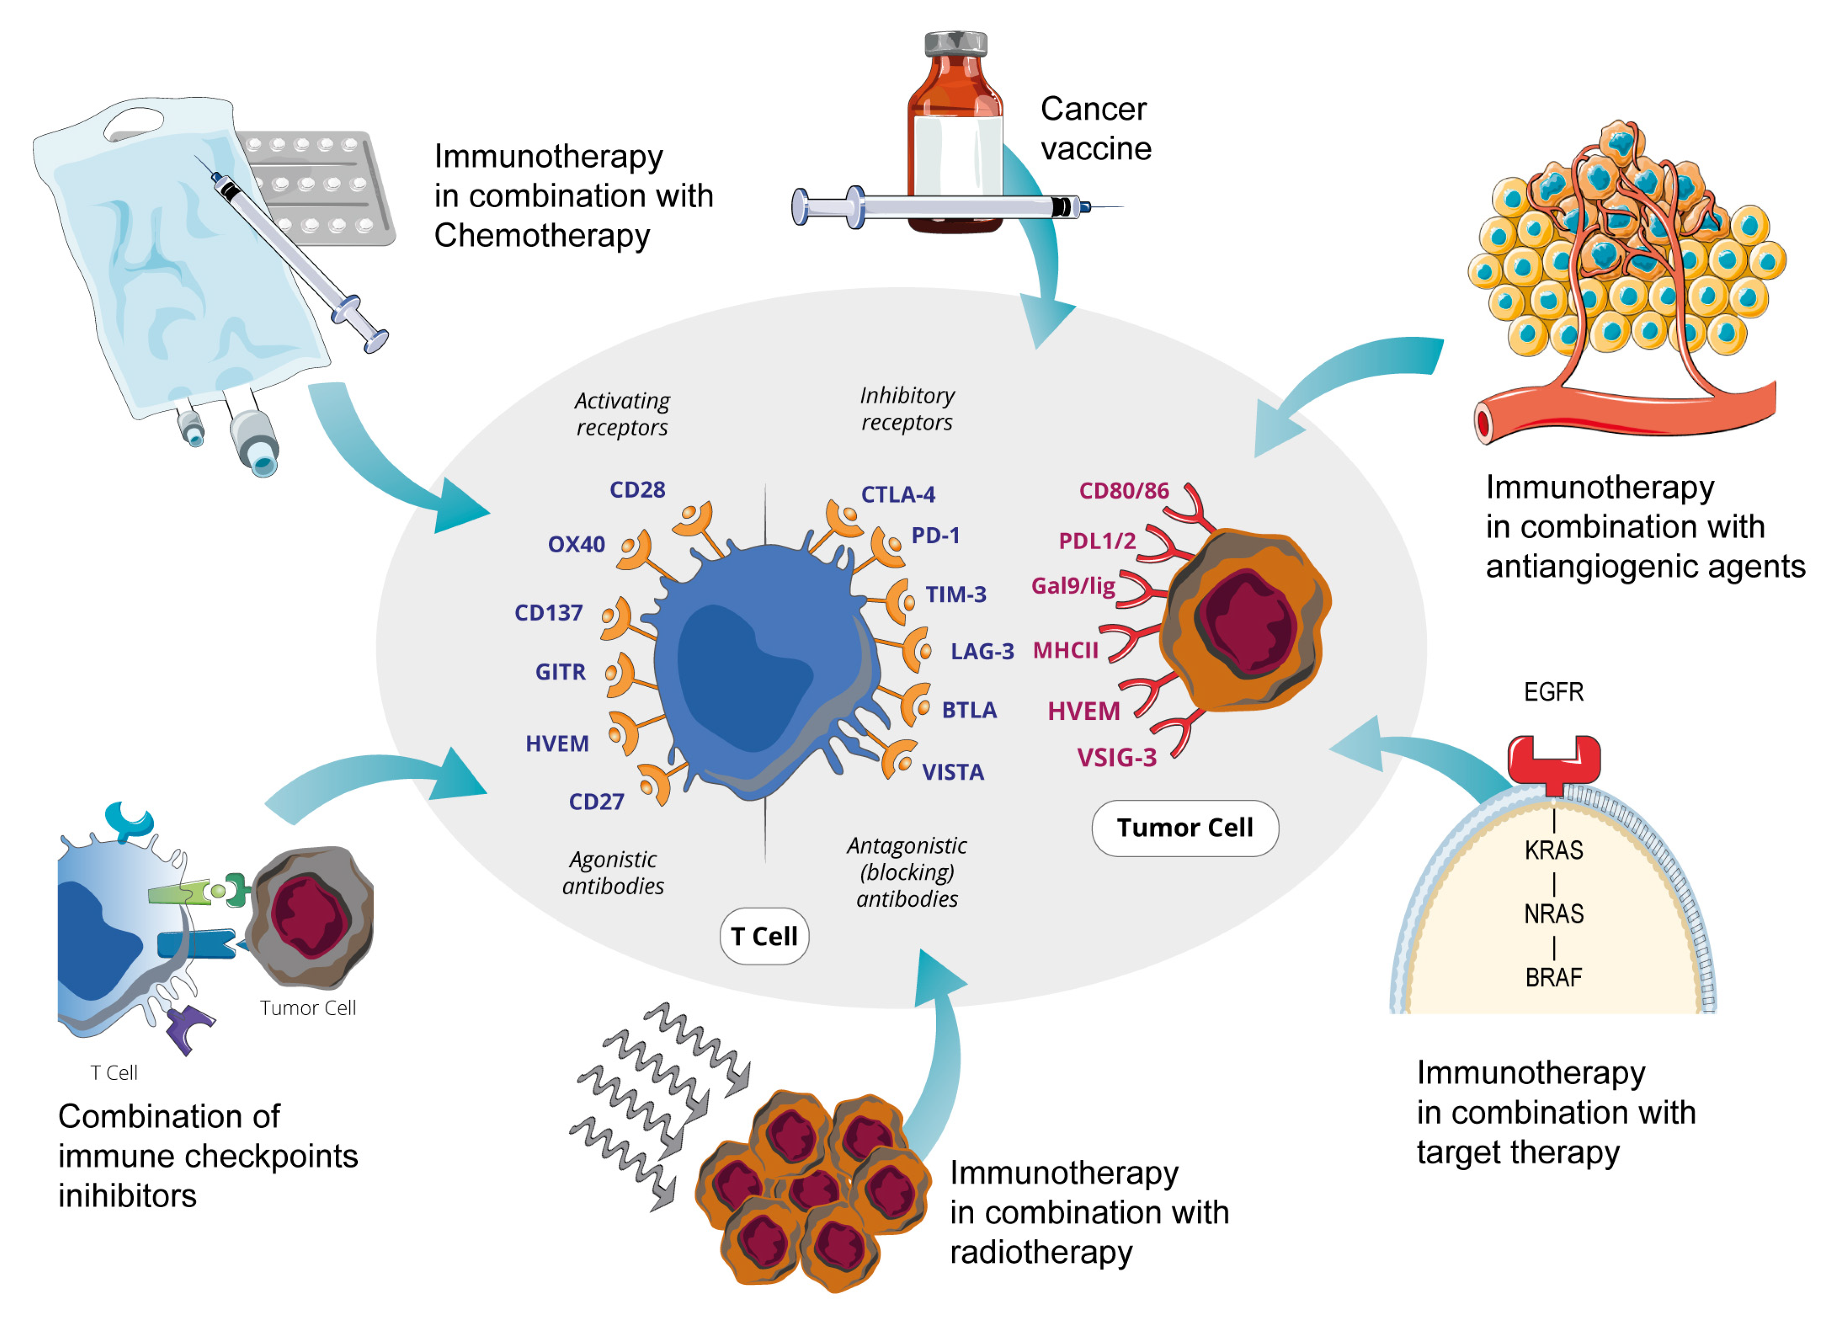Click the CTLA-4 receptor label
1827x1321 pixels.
point(898,495)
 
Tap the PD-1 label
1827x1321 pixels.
point(935,536)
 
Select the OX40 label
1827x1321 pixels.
point(576,544)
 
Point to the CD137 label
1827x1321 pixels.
point(548,613)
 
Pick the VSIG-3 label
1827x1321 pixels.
point(1117,758)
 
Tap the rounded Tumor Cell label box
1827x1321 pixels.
point(1184,828)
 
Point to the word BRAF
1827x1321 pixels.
point(1553,978)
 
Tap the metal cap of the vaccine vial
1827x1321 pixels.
point(955,44)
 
